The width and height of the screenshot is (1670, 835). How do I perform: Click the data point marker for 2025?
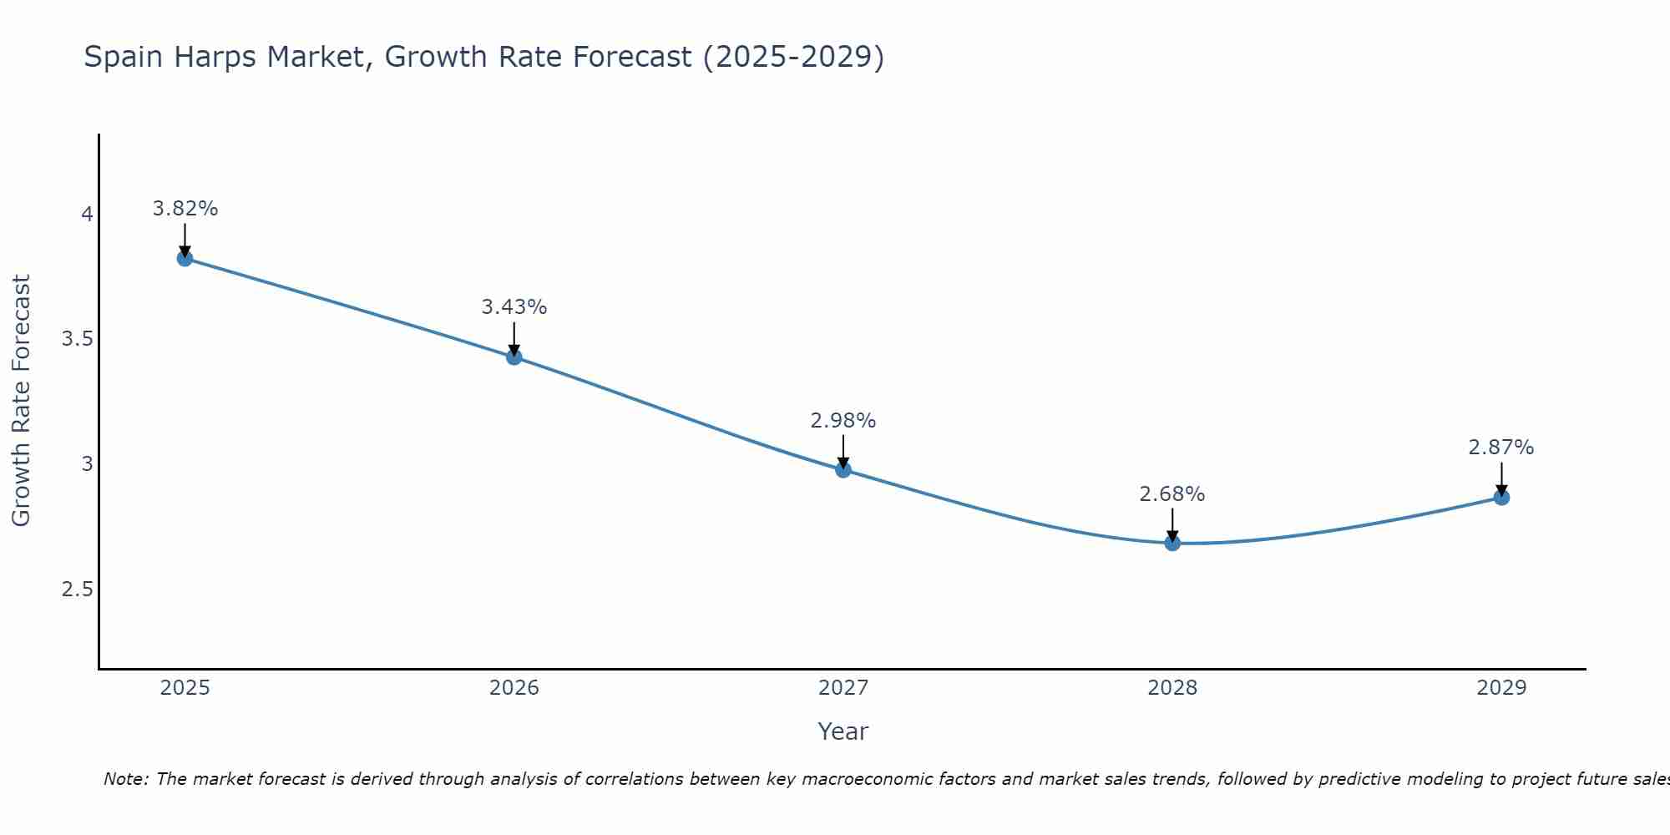(x=185, y=259)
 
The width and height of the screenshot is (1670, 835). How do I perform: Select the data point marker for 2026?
(x=514, y=357)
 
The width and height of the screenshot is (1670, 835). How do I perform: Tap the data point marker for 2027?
(x=843, y=470)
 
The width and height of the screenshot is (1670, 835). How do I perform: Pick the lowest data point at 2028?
(x=1172, y=544)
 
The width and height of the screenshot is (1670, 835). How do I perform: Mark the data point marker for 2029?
(x=1501, y=498)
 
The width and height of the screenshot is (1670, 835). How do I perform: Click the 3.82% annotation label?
(x=185, y=209)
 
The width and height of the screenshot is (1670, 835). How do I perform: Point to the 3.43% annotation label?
(x=514, y=307)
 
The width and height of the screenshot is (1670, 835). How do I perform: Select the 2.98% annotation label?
(x=843, y=421)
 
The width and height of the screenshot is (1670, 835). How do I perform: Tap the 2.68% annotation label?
(x=1172, y=494)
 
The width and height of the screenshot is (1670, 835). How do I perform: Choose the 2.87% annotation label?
(x=1501, y=448)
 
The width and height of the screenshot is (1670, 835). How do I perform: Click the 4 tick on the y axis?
(x=87, y=215)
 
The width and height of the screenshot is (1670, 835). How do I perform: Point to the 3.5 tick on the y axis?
(x=77, y=339)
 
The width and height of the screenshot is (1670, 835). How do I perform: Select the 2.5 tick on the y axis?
(x=77, y=590)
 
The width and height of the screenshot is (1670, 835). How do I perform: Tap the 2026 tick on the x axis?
(x=514, y=688)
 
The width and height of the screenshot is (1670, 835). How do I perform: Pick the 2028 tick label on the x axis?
(x=1172, y=688)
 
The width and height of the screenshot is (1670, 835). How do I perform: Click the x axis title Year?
(x=843, y=731)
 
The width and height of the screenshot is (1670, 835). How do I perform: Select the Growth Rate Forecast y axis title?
(x=21, y=401)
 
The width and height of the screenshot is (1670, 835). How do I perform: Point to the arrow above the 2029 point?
(x=1501, y=479)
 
